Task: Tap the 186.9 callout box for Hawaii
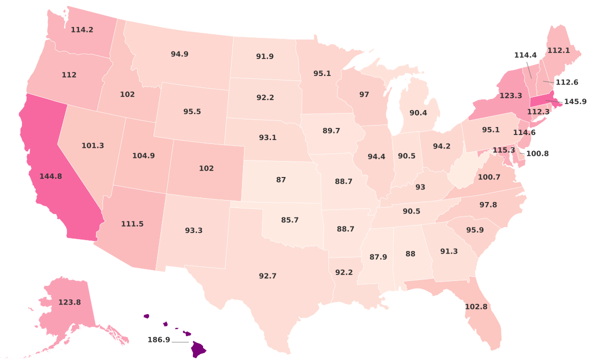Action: pyautogui.click(x=159, y=340)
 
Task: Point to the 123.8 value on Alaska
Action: pyautogui.click(x=69, y=302)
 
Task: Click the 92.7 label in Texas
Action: pyautogui.click(x=267, y=275)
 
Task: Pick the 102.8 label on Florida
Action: pyautogui.click(x=475, y=306)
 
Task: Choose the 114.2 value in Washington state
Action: pyautogui.click(x=81, y=29)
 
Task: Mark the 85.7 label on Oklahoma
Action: pyautogui.click(x=289, y=219)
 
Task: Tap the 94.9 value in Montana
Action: pyautogui.click(x=179, y=54)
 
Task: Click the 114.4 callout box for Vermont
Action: pyautogui.click(x=525, y=55)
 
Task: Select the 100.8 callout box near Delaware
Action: pyautogui.click(x=537, y=153)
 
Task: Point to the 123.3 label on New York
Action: pyautogui.click(x=510, y=95)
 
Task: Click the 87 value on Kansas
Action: pyautogui.click(x=281, y=179)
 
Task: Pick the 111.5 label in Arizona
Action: pyautogui.click(x=132, y=224)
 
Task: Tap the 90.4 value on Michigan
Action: pyautogui.click(x=418, y=113)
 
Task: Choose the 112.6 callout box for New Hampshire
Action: pyautogui.click(x=566, y=82)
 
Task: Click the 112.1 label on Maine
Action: pyautogui.click(x=558, y=50)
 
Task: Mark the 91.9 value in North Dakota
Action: pyautogui.click(x=264, y=56)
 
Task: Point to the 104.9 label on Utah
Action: pyautogui.click(x=143, y=155)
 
